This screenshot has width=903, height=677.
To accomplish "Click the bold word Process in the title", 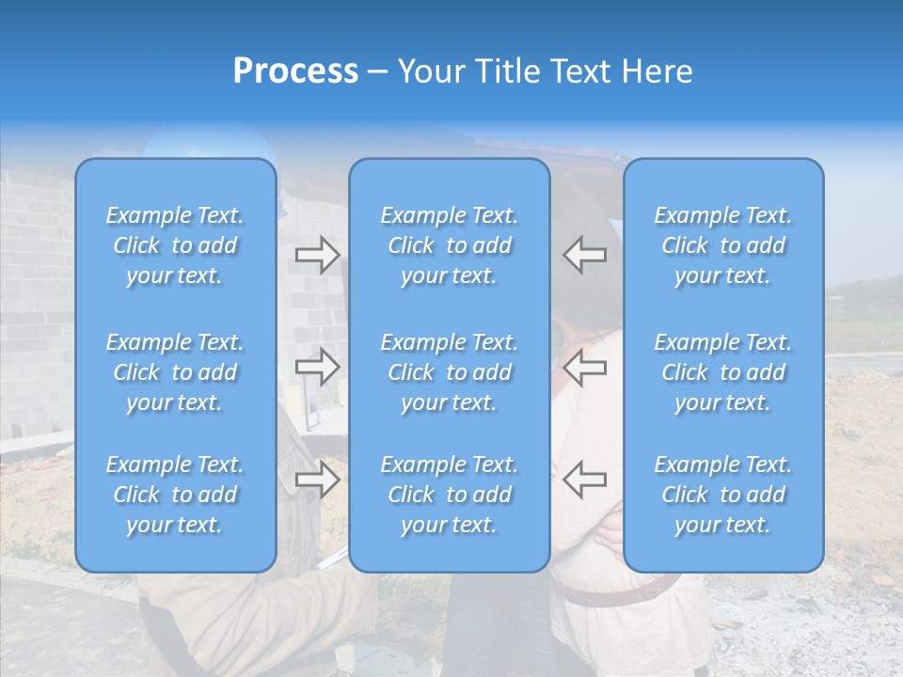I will tap(295, 71).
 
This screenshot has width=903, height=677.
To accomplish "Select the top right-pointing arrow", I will tap(317, 255).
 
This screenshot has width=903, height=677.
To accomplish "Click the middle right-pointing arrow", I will tap(317, 367).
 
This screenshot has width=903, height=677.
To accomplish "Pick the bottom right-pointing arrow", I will tap(317, 480).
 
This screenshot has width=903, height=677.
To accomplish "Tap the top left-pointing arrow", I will tap(585, 255).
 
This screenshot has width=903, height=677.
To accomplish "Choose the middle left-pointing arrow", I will tap(585, 367).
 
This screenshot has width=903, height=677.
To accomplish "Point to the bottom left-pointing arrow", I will tap(585, 480).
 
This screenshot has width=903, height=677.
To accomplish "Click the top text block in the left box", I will tap(175, 245).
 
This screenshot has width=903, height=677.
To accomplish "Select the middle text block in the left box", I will tap(175, 372).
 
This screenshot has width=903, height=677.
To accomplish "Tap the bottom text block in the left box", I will tap(175, 495).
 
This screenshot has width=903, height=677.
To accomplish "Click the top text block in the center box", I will tap(450, 245).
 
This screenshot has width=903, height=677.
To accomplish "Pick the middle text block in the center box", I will tap(450, 372).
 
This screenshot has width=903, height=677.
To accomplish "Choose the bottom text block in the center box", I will tap(450, 495).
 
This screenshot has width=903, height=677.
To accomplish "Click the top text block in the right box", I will tap(723, 245).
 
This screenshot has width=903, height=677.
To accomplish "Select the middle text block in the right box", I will tap(723, 372).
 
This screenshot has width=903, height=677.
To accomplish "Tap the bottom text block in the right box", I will tap(723, 495).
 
